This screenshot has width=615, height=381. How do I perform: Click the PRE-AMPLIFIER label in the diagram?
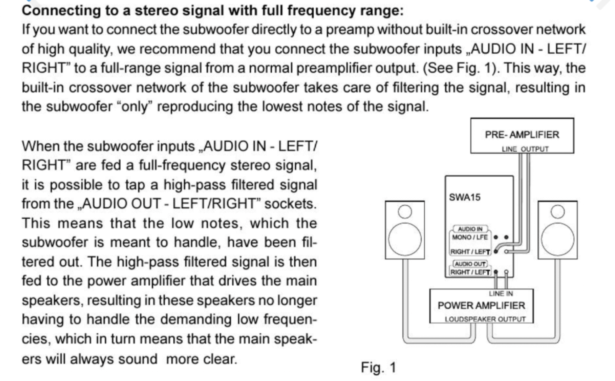[522, 135]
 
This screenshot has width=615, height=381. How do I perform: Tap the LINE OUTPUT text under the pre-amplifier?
[525, 149]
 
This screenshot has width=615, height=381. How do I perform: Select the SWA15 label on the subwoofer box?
[465, 197]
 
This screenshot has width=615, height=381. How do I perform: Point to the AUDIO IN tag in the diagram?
[470, 229]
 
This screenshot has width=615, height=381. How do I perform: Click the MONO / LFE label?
[470, 237]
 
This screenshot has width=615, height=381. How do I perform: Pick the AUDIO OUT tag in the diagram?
[470, 264]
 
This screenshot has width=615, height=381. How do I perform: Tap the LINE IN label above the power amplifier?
[500, 294]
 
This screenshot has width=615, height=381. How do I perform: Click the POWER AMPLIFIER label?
[481, 306]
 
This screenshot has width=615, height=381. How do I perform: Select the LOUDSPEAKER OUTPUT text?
[485, 319]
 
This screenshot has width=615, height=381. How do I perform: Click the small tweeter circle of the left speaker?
[405, 211]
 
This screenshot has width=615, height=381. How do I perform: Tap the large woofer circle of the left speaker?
[405, 239]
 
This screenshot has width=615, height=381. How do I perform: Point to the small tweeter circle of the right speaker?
[557, 211]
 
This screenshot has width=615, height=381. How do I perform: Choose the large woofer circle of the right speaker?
[557, 239]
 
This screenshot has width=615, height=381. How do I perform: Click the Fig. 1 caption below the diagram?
[378, 368]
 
